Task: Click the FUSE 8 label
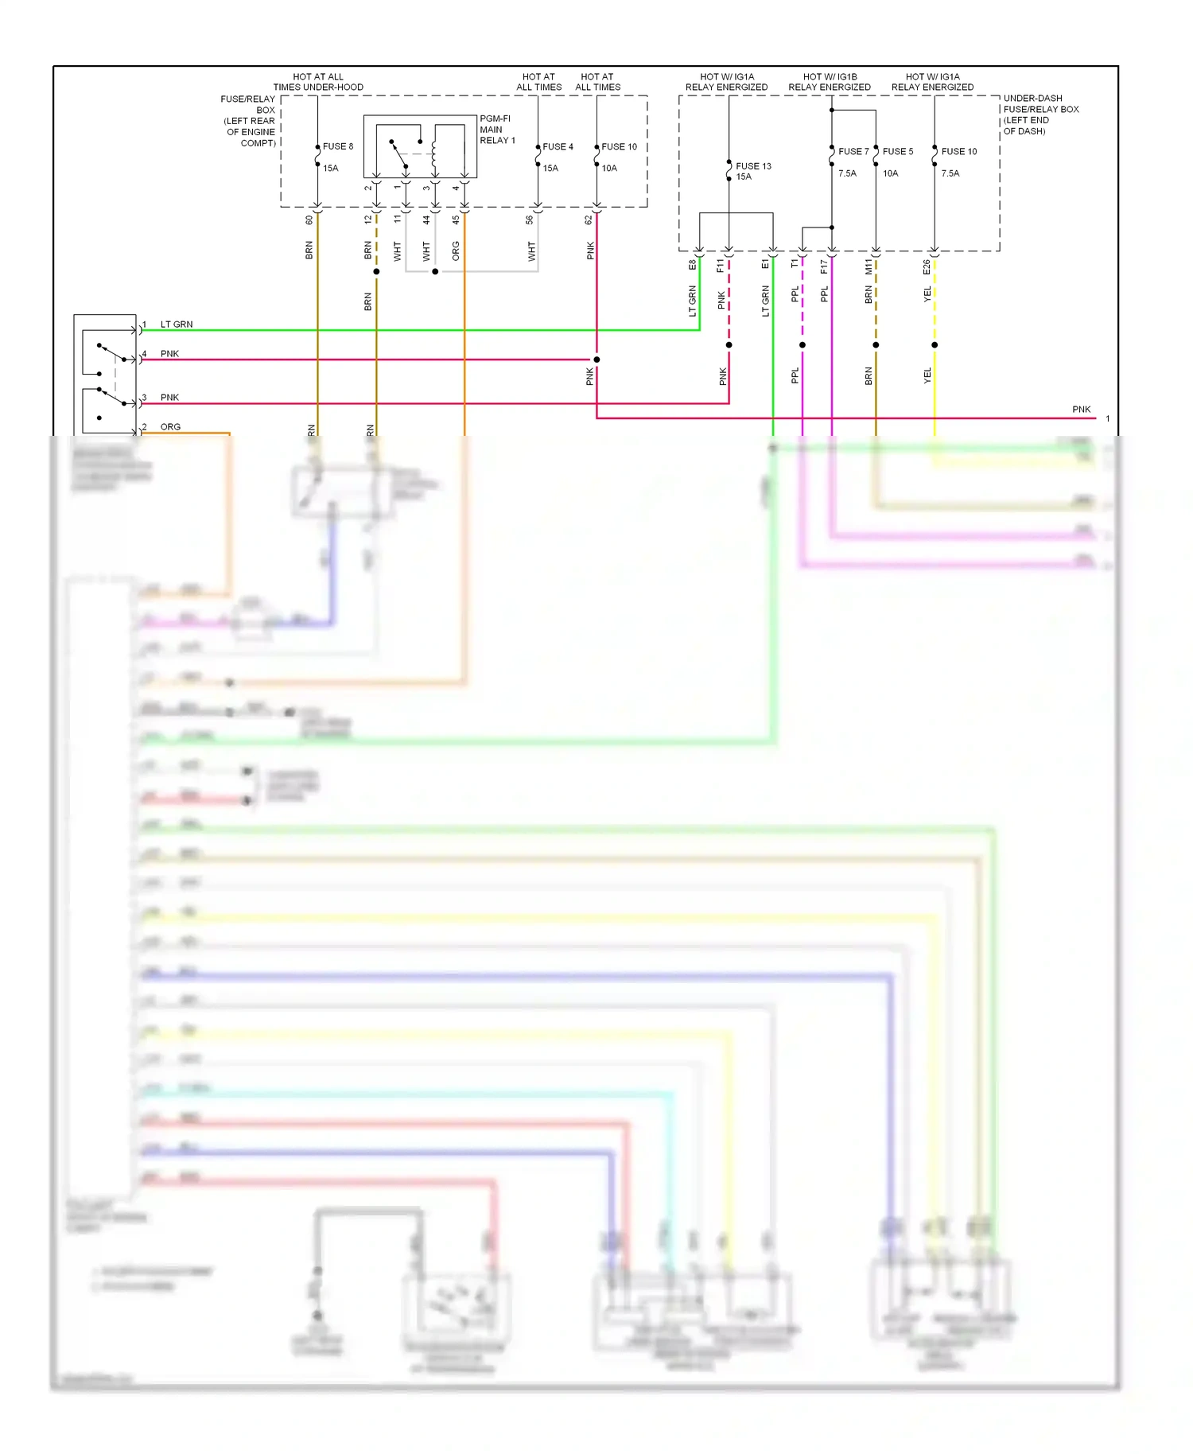click(x=337, y=146)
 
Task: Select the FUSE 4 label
click(x=558, y=146)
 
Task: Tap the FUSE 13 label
click(x=753, y=166)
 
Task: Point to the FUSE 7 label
click(x=853, y=151)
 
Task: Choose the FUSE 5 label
click(x=898, y=151)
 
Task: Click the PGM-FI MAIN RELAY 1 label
click(x=497, y=130)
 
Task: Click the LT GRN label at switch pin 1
click(x=177, y=325)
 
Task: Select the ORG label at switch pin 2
click(x=170, y=427)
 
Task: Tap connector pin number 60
click(x=309, y=220)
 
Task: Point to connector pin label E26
click(x=927, y=267)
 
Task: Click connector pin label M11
click(x=869, y=267)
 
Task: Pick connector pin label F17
click(x=824, y=267)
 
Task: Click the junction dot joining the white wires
click(x=435, y=272)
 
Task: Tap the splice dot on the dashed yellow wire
click(x=935, y=345)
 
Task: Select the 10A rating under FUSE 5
click(x=890, y=173)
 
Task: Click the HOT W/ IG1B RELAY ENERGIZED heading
click(x=830, y=82)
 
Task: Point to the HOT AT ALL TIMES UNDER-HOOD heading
click(x=318, y=82)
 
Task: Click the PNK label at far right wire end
click(x=1081, y=410)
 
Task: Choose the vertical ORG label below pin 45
click(x=456, y=251)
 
